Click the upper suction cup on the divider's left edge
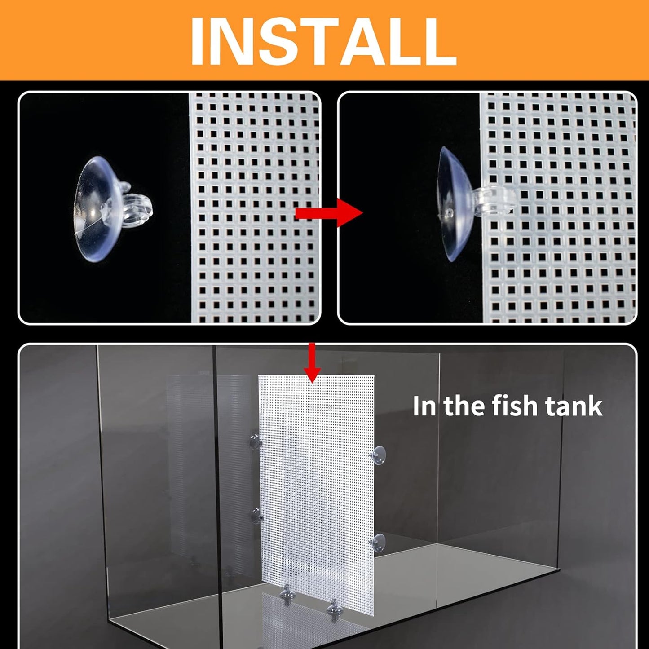point(255,442)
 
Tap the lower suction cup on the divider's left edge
point(256,516)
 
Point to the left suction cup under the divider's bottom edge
point(285,596)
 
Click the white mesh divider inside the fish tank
point(316,485)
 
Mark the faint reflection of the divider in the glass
point(207,449)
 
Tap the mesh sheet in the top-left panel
point(254,207)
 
